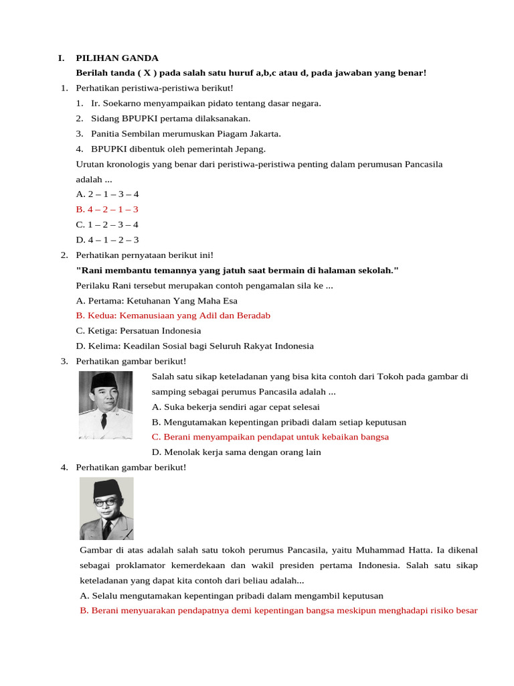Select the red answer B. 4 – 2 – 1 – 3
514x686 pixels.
(107, 209)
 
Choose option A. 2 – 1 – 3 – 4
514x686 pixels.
(107, 194)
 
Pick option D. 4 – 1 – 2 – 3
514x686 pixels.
(107, 240)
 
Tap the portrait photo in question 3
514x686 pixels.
(106, 405)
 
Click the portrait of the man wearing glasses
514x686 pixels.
(106, 508)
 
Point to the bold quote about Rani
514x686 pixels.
(238, 270)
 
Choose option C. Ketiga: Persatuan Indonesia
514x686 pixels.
(139, 330)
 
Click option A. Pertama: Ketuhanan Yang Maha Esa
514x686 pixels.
(157, 301)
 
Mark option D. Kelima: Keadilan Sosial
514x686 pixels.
(195, 346)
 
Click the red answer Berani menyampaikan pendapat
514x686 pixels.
(270, 437)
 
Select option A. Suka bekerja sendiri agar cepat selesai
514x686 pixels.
(236, 407)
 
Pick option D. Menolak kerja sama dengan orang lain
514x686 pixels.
(236, 452)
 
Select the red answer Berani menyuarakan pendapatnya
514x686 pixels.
(278, 610)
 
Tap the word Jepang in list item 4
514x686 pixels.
(250, 149)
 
